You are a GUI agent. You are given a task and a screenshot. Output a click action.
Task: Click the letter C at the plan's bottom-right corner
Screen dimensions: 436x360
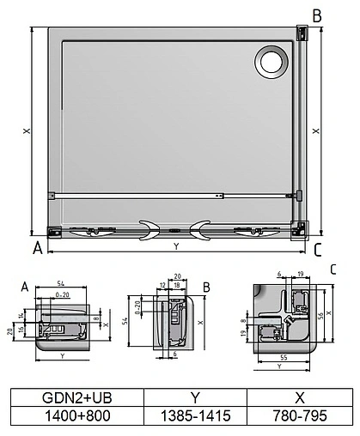(318, 251)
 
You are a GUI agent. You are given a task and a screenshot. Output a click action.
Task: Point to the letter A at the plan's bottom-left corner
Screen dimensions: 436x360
(37, 250)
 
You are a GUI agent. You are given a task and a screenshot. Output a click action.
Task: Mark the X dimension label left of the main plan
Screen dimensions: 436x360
(27, 130)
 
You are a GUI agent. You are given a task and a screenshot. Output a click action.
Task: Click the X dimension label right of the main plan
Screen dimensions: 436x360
(318, 131)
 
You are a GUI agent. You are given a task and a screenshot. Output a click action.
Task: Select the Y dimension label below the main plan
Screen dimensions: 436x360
(176, 246)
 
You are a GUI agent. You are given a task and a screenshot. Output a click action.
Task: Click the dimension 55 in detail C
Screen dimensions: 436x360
(283, 354)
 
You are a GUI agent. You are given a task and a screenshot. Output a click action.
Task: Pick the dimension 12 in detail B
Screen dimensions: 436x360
(162, 285)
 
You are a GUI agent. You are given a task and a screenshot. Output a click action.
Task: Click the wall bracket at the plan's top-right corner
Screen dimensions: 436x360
(302, 33)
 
